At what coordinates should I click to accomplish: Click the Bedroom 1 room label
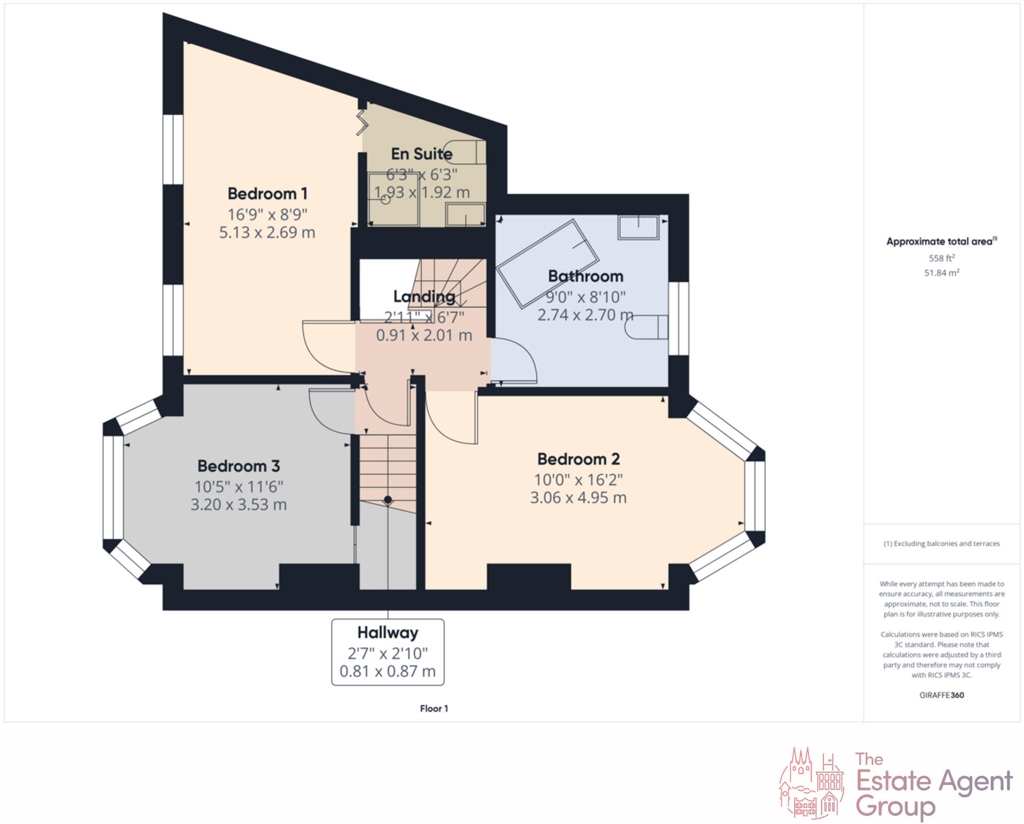267,193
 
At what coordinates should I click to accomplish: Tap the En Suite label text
421,154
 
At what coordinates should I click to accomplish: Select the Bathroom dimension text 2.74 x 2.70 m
585,315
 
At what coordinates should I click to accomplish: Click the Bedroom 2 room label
578,459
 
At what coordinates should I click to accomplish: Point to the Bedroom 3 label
238,466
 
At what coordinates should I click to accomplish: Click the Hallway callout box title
388,632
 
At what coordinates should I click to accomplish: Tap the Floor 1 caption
434,708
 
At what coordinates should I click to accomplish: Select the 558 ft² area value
941,258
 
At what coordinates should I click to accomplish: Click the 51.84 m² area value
941,273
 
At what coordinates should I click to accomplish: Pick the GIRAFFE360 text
941,695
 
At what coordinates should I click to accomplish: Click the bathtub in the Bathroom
548,263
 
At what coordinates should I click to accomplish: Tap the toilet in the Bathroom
646,327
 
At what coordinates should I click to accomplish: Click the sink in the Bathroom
638,227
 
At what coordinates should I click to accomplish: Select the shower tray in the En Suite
393,199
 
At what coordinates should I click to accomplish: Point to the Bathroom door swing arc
515,360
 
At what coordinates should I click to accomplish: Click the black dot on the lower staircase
388,500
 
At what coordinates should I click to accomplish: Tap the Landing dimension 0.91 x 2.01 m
424,335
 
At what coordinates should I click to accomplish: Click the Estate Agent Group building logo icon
812,782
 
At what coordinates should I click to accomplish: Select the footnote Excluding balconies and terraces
941,543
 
